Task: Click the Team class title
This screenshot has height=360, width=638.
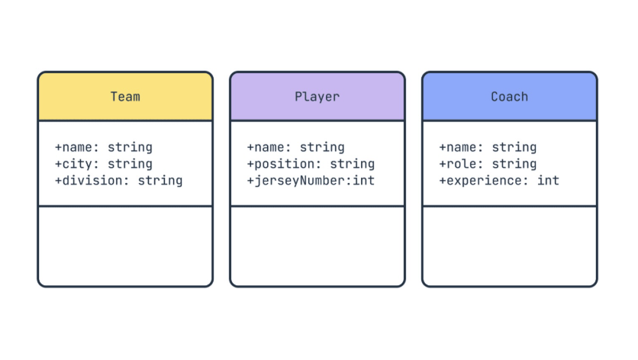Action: pyautogui.click(x=125, y=97)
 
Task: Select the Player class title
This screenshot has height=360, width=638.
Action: pyautogui.click(x=317, y=97)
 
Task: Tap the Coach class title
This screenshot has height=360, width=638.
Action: pyautogui.click(x=509, y=97)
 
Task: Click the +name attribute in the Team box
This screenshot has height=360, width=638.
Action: pyautogui.click(x=103, y=147)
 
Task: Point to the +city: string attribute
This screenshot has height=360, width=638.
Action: pyautogui.click(x=103, y=164)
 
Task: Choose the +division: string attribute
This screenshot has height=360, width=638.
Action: pyautogui.click(x=118, y=181)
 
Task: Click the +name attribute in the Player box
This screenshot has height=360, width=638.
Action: pyautogui.click(x=295, y=147)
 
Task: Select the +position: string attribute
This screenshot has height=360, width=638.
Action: pyautogui.click(x=311, y=164)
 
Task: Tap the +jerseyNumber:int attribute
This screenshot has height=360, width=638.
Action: pyautogui.click(x=311, y=181)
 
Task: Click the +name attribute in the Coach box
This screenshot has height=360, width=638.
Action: pyautogui.click(x=488, y=147)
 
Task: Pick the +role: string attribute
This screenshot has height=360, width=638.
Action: pyautogui.click(x=488, y=164)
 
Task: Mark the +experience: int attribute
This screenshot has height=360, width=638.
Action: pyautogui.click(x=499, y=181)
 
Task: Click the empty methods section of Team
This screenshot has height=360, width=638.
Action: pyautogui.click(x=125, y=246)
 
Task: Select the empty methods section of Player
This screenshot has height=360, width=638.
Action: pyautogui.click(x=317, y=246)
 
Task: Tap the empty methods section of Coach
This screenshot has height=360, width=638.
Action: pyautogui.click(x=509, y=246)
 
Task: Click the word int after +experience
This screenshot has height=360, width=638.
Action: pyautogui.click(x=548, y=181)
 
